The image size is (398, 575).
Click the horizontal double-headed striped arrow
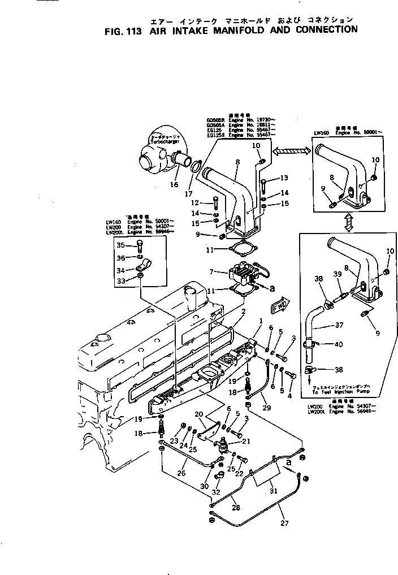coord(292,150)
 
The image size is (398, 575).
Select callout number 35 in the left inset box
coord(120,245)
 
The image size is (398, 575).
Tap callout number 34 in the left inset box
coord(120,270)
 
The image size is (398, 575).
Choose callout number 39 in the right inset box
coord(336,274)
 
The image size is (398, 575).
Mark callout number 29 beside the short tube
coord(267,408)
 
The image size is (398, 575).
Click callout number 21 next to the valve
coord(245,442)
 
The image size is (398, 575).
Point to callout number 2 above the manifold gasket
coord(244,312)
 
